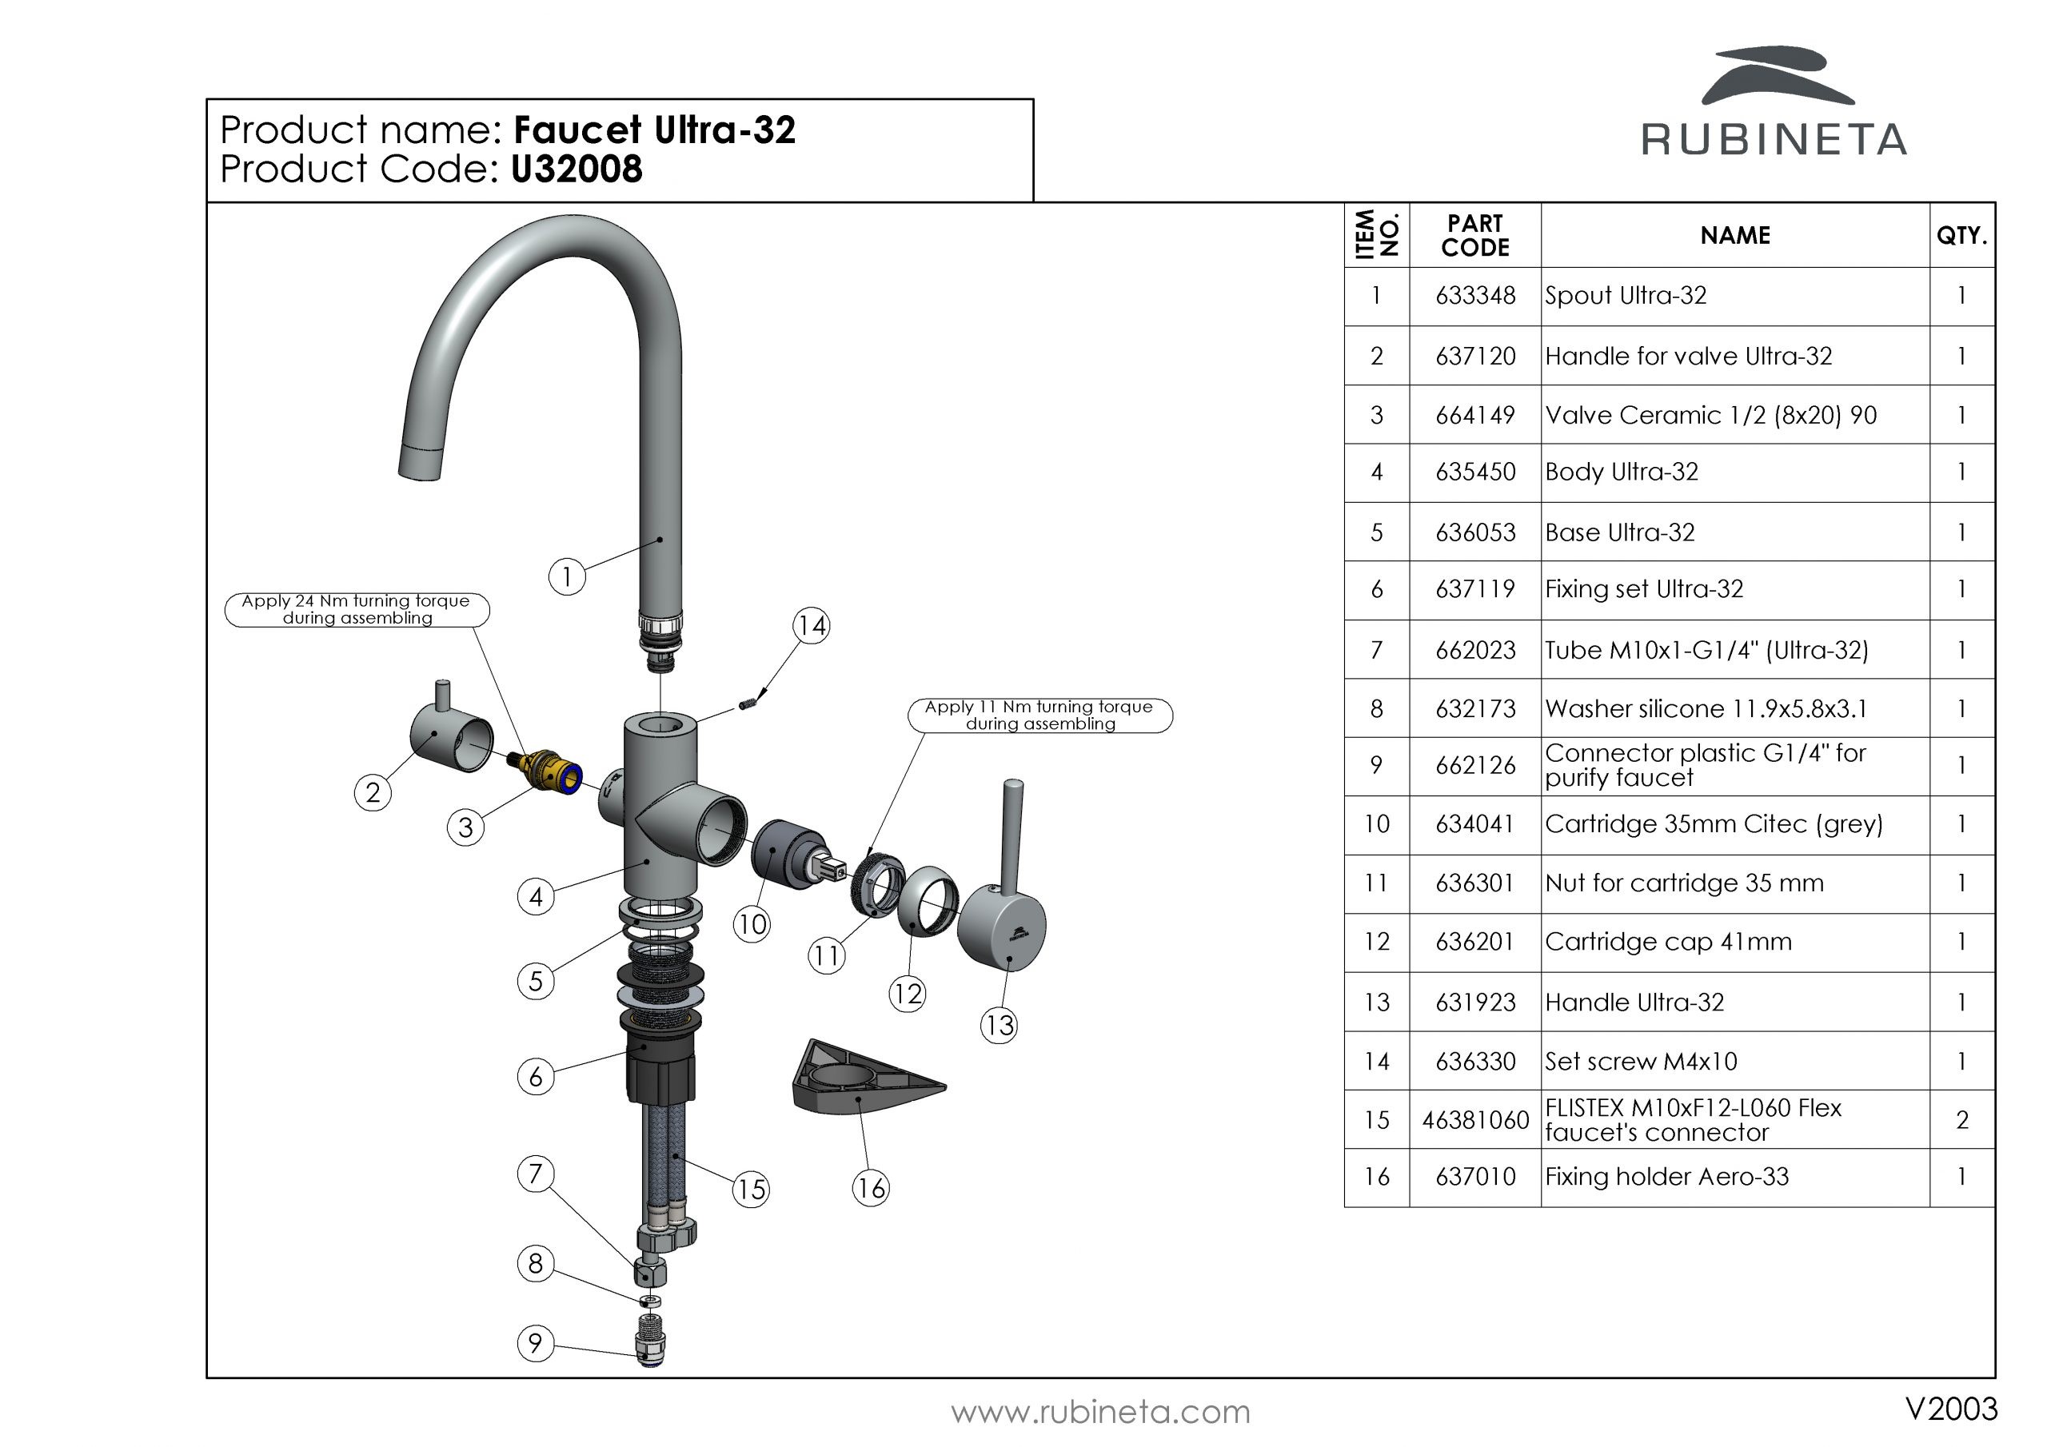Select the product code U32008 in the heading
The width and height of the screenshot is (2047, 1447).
click(x=576, y=169)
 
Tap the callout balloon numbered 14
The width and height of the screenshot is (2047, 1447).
click(x=811, y=625)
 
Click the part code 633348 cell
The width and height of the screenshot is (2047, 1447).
click(x=1474, y=296)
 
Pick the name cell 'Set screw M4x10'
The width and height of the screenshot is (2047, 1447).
click(x=1641, y=1061)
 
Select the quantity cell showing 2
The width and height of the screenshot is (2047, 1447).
click(x=1961, y=1120)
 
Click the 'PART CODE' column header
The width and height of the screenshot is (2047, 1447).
click(x=1474, y=235)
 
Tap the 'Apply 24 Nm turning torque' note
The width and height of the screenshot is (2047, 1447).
click(x=357, y=610)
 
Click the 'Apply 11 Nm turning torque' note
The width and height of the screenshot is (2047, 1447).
click(x=1039, y=715)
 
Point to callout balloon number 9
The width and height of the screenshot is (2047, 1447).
click(x=535, y=1343)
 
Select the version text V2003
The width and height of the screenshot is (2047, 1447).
click(x=1951, y=1409)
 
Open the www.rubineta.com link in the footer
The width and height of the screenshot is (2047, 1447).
click(x=1100, y=1413)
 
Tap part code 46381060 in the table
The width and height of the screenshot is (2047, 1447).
click(x=1474, y=1120)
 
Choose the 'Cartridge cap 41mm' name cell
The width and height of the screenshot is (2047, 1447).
click(x=1667, y=943)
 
